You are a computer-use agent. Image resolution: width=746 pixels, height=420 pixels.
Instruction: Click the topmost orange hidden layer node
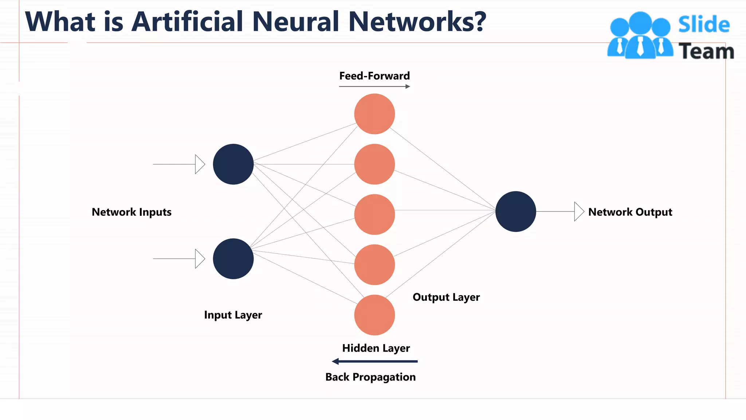[374, 114]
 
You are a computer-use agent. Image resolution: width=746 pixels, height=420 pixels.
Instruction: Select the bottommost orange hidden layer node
[374, 315]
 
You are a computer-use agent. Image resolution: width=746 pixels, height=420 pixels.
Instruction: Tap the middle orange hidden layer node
[374, 214]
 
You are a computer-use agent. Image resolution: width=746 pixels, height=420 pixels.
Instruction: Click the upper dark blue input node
[233, 164]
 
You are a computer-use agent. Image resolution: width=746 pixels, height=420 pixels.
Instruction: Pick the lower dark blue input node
[233, 259]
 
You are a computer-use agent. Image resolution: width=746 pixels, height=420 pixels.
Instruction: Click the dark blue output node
[515, 211]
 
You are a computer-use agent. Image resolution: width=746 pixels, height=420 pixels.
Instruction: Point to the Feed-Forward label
[374, 76]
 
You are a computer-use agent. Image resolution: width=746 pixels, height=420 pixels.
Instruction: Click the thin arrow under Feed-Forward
[374, 86]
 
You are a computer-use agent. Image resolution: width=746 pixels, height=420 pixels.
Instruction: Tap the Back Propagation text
[370, 377]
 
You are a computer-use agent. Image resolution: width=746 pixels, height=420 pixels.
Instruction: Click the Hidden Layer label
[376, 348]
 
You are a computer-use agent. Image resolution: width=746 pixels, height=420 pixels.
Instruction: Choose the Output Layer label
[446, 297]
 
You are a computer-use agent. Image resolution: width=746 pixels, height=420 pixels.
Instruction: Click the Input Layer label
[233, 315]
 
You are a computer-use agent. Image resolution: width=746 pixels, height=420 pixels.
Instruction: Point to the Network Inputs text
[131, 212]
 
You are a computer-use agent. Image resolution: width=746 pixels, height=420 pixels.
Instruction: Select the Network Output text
[630, 212]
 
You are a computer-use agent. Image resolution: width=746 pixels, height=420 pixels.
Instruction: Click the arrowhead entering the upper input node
[200, 164]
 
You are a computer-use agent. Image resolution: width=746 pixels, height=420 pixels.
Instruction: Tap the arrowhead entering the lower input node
[200, 259]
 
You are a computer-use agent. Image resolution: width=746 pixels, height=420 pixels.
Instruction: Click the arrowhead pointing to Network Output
[578, 211]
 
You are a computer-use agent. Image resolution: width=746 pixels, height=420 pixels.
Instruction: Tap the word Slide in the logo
[704, 25]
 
